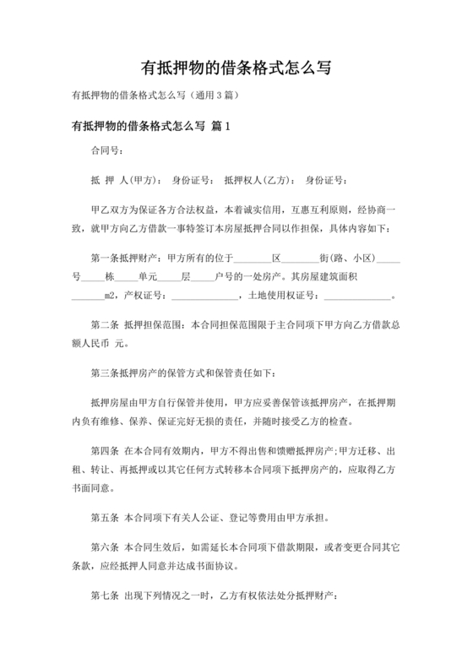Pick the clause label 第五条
pyautogui.click(x=105, y=518)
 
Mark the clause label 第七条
pyautogui.click(x=105, y=596)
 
